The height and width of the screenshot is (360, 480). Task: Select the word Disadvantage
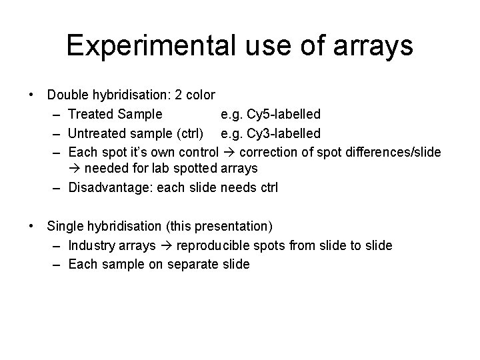click(x=110, y=188)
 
